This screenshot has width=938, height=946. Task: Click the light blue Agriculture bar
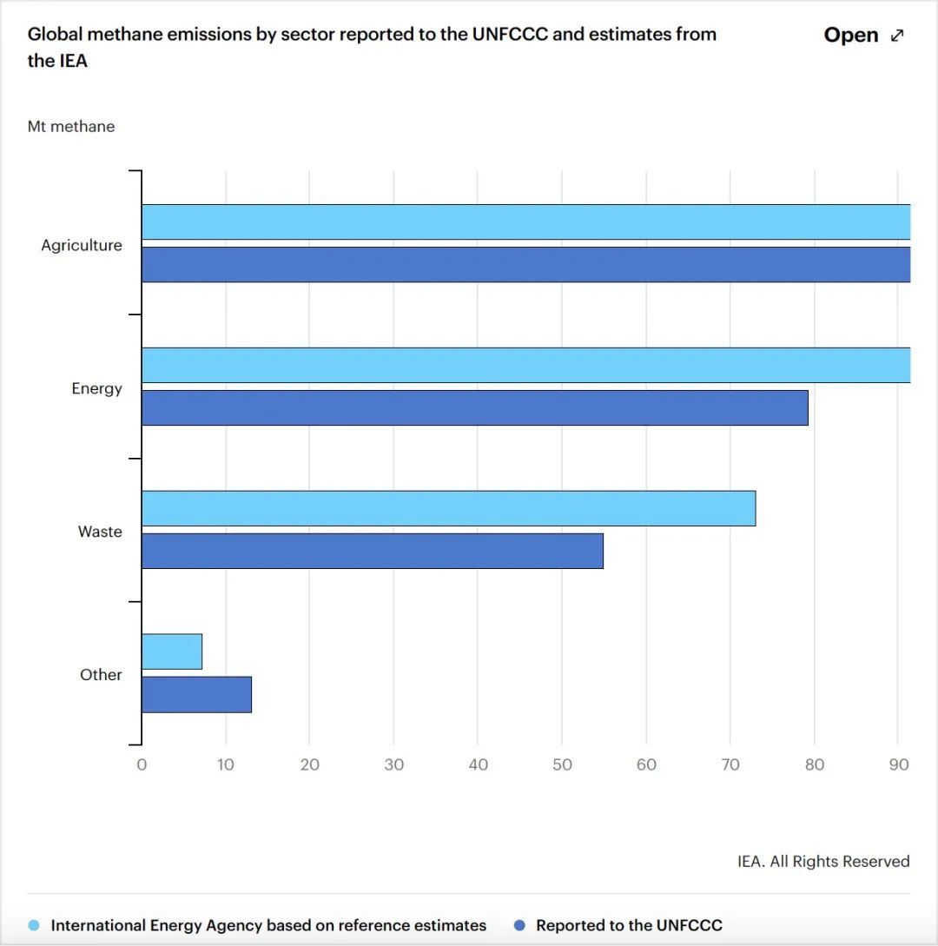click(x=525, y=222)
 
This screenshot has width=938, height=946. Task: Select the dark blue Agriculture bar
click(x=525, y=264)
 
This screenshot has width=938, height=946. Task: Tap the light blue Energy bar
click(x=525, y=365)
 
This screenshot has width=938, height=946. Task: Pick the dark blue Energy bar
click(x=474, y=407)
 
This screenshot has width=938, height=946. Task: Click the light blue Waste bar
click(x=448, y=508)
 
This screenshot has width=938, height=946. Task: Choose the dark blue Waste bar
click(x=372, y=551)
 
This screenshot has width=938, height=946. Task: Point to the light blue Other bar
click(x=172, y=652)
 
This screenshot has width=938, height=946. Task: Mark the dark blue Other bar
click(x=196, y=694)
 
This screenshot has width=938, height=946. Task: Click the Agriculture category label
click(x=82, y=245)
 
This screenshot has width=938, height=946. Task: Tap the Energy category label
click(x=96, y=388)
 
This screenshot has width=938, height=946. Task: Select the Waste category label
click(x=100, y=532)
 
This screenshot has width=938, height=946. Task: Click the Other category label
click(x=101, y=675)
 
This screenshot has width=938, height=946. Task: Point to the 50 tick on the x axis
click(x=562, y=765)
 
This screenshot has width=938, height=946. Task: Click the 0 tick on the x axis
click(x=142, y=765)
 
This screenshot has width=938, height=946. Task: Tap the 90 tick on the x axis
click(x=898, y=765)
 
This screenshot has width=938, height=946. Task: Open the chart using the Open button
click(x=863, y=36)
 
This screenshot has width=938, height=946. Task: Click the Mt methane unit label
click(x=71, y=127)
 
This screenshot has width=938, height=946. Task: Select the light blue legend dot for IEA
click(x=34, y=925)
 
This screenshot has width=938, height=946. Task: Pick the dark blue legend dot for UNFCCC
click(x=519, y=925)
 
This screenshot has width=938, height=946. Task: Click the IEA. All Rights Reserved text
click(x=823, y=862)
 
